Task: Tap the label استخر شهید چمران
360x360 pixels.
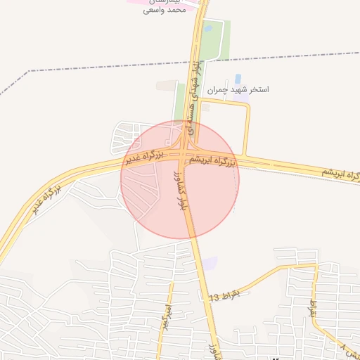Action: click(x=238, y=90)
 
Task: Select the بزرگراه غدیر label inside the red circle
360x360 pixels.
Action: click(x=145, y=156)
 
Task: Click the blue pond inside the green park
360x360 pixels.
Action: click(x=208, y=29)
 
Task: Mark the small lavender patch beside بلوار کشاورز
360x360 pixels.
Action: click(x=209, y=263)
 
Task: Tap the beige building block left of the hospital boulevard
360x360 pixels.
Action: click(x=167, y=85)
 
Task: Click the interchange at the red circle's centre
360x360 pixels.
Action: click(x=184, y=156)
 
